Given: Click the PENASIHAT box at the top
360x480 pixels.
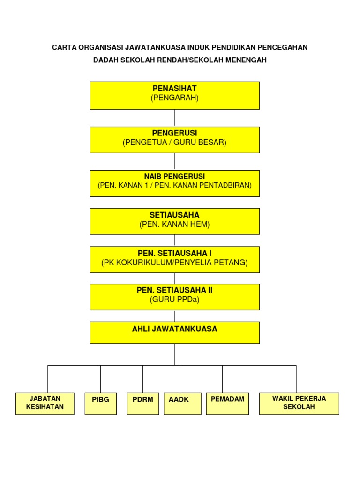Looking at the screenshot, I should coord(174,95).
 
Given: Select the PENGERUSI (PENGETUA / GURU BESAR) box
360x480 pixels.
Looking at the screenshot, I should coord(174,139).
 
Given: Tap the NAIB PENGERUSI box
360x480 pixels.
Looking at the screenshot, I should coord(174,183).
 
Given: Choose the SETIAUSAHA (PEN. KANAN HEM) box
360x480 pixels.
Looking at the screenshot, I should coord(174,221).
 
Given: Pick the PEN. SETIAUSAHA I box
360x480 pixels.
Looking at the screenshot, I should coord(174,259).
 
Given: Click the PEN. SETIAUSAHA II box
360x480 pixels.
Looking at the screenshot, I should coord(174,296).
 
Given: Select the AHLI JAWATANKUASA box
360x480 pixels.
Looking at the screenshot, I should coord(174,332).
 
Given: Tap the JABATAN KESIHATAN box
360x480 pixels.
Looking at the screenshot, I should coord(45,404).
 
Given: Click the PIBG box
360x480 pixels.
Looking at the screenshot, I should coord(100,404).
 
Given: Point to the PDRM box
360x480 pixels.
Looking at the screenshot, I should coord(143,404).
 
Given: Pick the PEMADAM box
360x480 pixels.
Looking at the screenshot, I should coord(227,404).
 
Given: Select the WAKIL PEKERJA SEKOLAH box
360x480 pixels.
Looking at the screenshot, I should coord(299,404).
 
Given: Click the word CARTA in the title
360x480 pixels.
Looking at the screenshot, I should coord(63,48).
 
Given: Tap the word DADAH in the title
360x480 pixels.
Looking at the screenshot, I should coord(105,60).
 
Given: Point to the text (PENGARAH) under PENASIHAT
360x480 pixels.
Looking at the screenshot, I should coord(174,98).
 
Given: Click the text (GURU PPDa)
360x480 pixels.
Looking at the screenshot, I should coord(174,300).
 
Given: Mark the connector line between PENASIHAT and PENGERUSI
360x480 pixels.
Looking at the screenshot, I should coord(175,118).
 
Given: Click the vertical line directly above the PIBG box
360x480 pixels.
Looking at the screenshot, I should coord(100,379).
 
